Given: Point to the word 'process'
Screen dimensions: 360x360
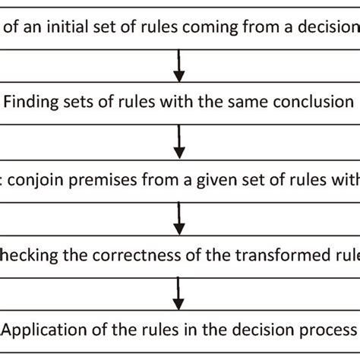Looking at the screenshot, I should (326, 330).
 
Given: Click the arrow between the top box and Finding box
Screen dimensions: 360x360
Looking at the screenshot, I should (179, 67).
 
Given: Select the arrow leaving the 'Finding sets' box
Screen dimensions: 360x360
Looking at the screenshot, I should (179, 141).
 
